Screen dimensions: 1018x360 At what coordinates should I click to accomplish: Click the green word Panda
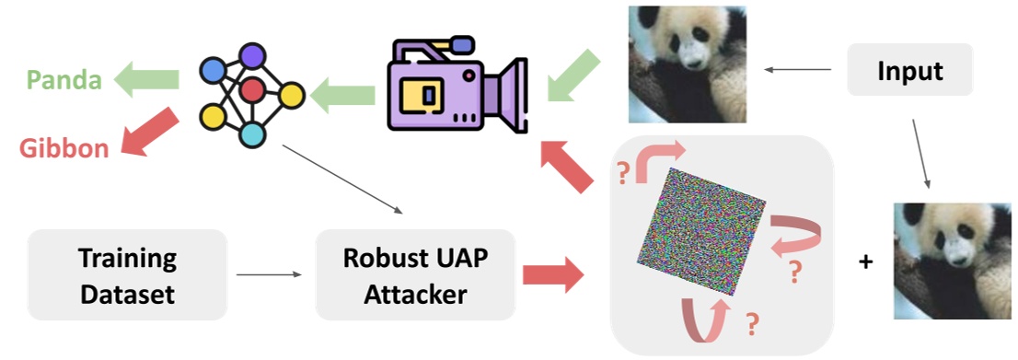64,81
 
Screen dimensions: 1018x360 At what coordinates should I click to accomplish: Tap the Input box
910,70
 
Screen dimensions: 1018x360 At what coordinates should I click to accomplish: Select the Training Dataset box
127,275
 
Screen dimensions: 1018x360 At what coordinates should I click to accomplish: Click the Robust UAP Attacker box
414,275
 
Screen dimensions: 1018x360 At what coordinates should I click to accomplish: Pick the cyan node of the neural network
252,134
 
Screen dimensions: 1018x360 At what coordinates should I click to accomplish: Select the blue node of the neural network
214,69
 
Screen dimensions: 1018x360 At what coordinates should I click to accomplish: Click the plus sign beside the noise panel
865,262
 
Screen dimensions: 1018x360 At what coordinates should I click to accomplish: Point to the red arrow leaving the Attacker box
553,274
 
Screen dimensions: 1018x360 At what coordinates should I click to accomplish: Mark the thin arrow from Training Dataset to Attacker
269,274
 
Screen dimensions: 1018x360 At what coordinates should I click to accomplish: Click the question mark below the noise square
752,323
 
